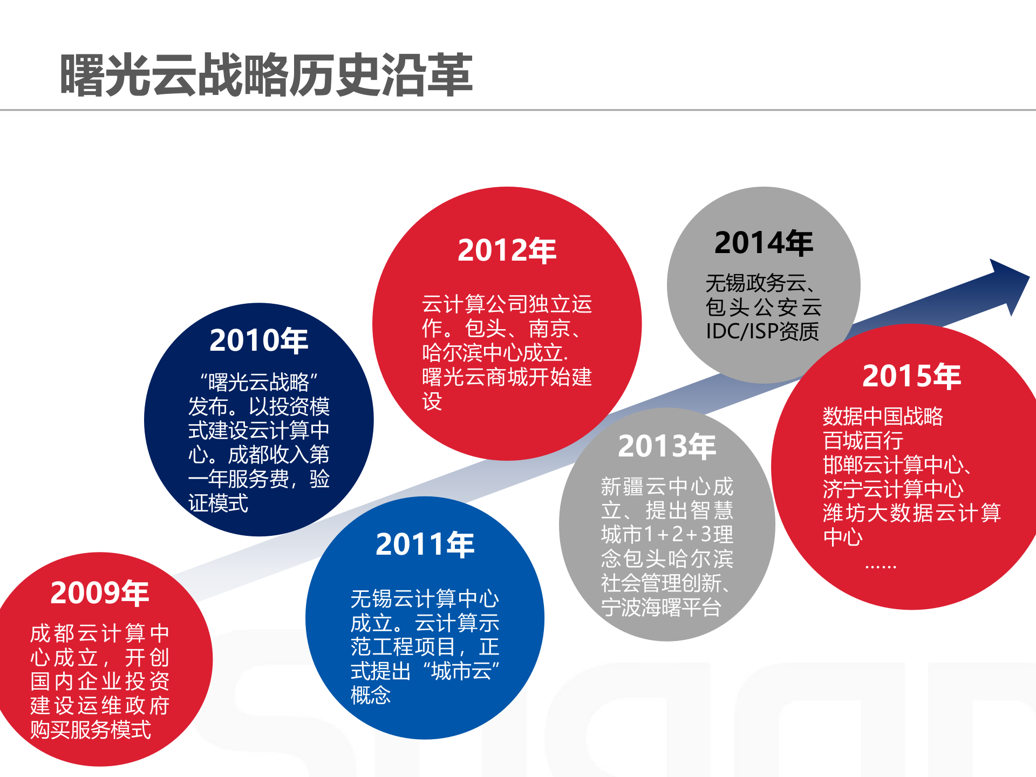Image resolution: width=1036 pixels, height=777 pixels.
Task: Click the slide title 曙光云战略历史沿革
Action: (x=266, y=76)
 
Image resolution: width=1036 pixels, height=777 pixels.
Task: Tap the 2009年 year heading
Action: (x=100, y=593)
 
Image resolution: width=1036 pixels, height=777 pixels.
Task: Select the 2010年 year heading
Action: (x=259, y=340)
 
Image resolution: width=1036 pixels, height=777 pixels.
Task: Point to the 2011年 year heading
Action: (x=425, y=544)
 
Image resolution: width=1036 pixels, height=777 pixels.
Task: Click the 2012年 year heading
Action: (x=507, y=251)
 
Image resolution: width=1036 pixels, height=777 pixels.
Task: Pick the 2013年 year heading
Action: (x=667, y=446)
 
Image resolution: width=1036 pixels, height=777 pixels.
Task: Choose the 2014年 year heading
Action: (x=764, y=243)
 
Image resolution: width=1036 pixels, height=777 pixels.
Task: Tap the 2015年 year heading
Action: (x=912, y=376)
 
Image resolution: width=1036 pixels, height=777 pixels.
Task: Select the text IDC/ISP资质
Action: (x=762, y=331)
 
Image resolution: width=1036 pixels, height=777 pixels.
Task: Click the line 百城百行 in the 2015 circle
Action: (x=863, y=441)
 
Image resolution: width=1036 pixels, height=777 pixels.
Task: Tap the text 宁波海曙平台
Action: (x=661, y=608)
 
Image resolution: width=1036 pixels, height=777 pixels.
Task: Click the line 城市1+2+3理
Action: (x=667, y=534)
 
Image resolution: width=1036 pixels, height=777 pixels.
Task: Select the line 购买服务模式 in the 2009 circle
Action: (x=91, y=730)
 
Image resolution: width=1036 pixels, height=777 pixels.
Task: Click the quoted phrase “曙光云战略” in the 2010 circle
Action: (x=259, y=382)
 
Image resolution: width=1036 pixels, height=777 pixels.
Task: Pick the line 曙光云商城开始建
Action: (x=507, y=377)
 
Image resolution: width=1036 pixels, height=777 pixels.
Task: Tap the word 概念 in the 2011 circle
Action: (x=371, y=695)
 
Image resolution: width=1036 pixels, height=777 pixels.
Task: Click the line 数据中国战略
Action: (x=883, y=417)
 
